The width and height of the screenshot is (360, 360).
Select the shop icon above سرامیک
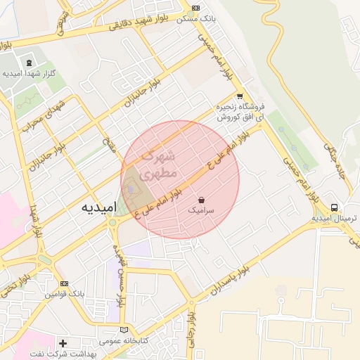(202, 199)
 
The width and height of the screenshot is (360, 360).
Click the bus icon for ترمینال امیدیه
(335, 207)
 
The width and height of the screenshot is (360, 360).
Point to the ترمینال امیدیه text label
(335, 219)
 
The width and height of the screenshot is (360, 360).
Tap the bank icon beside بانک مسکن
(195, 8)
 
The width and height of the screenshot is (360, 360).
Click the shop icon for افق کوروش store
(240, 96)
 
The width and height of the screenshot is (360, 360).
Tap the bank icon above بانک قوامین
(65, 283)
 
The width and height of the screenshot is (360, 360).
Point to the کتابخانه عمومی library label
(124, 340)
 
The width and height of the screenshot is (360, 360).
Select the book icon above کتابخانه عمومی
(124, 330)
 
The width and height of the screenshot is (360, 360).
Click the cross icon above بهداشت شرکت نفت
(63, 343)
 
